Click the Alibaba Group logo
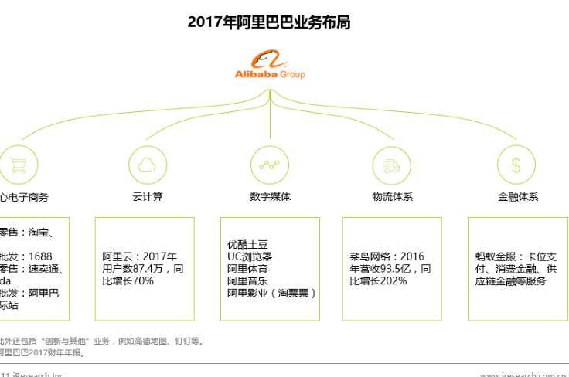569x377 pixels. click(x=270, y=65)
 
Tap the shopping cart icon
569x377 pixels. click(x=14, y=164)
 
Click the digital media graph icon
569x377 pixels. click(x=270, y=164)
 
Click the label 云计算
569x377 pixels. click(x=147, y=197)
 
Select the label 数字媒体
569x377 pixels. click(x=270, y=197)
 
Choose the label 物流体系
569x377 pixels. click(x=392, y=197)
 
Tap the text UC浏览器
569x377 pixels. click(x=249, y=256)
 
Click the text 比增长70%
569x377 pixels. click(x=128, y=281)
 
